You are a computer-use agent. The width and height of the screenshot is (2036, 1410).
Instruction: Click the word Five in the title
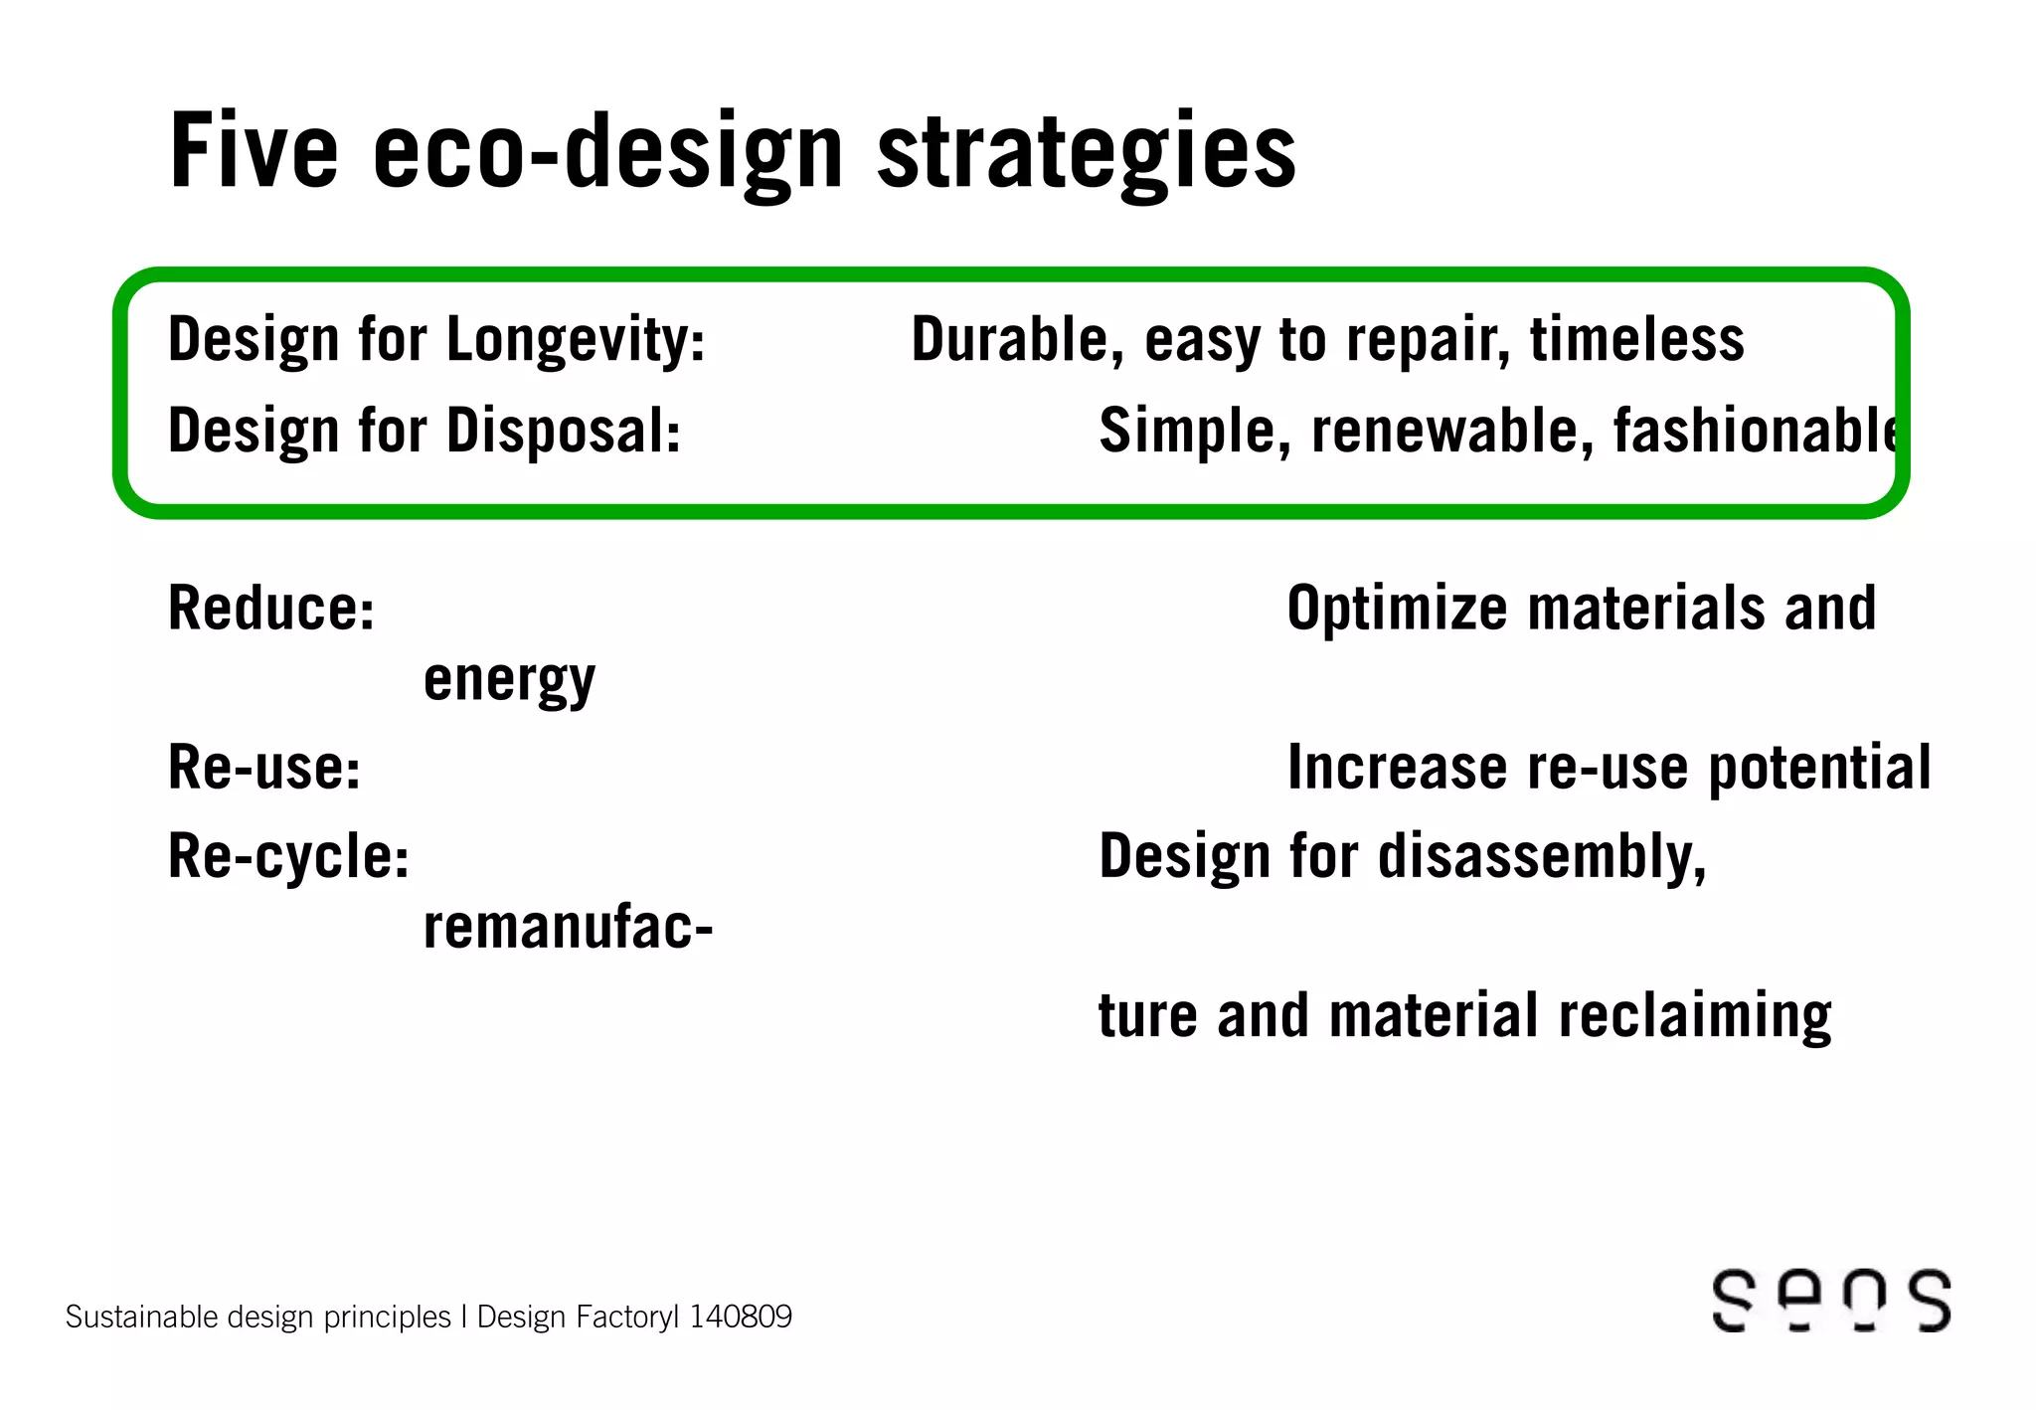tap(254, 151)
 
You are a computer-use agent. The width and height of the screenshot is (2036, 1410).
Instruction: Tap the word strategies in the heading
tap(1086, 154)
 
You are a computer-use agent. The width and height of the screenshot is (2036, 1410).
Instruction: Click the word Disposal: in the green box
tap(563, 432)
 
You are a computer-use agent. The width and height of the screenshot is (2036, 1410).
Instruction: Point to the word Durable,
tap(1017, 340)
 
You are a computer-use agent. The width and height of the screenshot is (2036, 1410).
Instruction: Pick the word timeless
tap(1636, 340)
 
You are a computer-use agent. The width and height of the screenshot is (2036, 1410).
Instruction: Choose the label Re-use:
tap(264, 768)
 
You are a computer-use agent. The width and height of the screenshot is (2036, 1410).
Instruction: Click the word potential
tap(1819, 768)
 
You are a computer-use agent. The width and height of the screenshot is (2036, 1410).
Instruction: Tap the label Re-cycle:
tap(288, 857)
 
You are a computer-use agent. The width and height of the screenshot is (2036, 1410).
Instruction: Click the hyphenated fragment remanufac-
tap(568, 929)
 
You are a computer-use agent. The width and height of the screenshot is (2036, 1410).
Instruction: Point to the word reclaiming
tap(1694, 1016)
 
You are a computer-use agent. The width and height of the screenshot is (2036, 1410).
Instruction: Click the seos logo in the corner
tap(1831, 1300)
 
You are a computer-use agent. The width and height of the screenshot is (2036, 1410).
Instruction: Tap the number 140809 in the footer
tap(741, 1317)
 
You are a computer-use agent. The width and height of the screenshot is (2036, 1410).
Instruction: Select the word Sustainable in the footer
tap(141, 1317)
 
